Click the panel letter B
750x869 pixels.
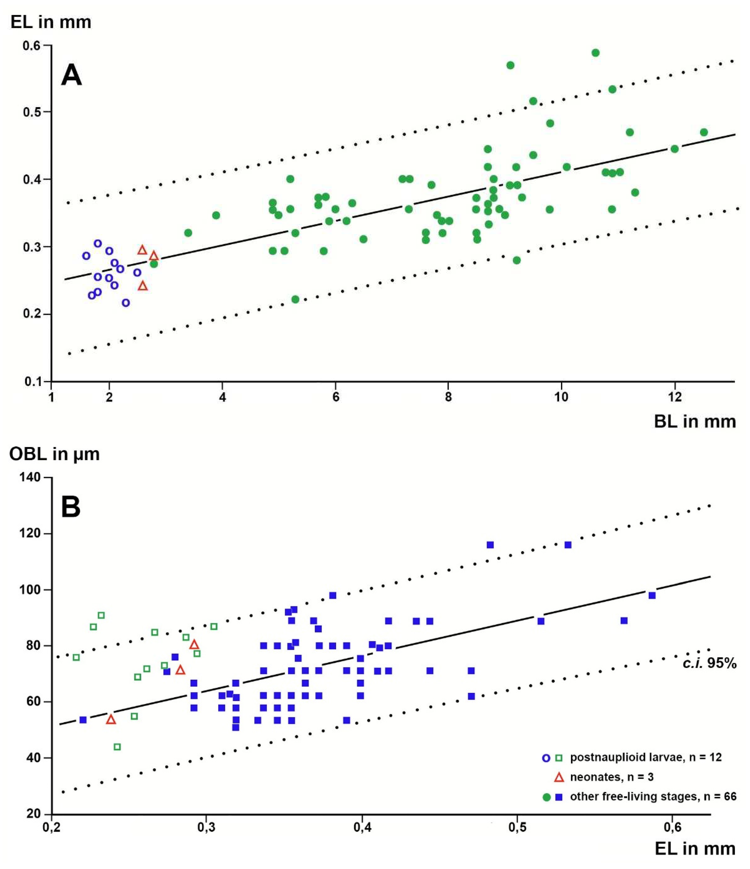(70, 507)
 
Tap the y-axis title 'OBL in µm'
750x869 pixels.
(55, 454)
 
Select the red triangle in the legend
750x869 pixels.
(559, 777)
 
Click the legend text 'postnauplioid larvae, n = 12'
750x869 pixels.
(646, 758)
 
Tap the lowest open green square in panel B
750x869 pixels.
(117, 747)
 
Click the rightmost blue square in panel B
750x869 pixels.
(652, 596)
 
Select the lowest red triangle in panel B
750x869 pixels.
(111, 720)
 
